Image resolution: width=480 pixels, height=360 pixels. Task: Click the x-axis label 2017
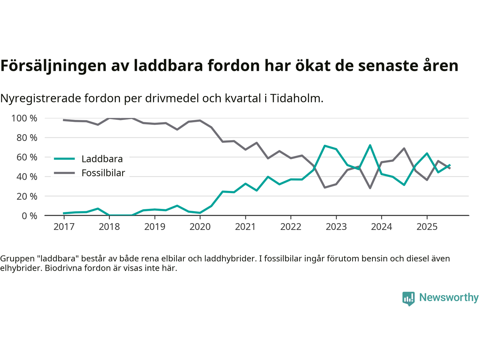click(64, 227)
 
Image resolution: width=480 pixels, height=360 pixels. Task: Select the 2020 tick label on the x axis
click(200, 227)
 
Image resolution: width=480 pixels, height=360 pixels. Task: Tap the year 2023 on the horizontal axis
click(336, 227)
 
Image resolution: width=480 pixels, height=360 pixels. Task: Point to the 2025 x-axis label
click(427, 227)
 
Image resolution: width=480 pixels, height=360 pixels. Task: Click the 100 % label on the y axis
click(24, 118)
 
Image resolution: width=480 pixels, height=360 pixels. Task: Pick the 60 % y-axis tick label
click(27, 157)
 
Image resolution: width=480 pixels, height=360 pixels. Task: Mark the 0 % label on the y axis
click(29, 216)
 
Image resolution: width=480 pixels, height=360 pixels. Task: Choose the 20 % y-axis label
click(27, 196)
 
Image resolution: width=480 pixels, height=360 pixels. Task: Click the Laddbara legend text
click(102, 159)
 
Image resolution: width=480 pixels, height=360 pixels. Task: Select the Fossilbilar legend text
click(103, 173)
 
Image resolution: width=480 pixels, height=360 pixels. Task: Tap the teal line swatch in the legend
click(64, 159)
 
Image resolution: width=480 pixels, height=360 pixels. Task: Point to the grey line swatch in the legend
click(64, 173)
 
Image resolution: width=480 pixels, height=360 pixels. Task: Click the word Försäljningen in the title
click(53, 66)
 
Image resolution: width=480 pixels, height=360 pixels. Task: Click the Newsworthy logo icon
click(408, 298)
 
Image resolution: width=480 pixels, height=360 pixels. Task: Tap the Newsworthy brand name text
click(448, 297)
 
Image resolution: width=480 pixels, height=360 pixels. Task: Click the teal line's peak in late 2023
click(370, 145)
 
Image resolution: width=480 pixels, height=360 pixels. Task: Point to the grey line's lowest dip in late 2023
click(370, 188)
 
